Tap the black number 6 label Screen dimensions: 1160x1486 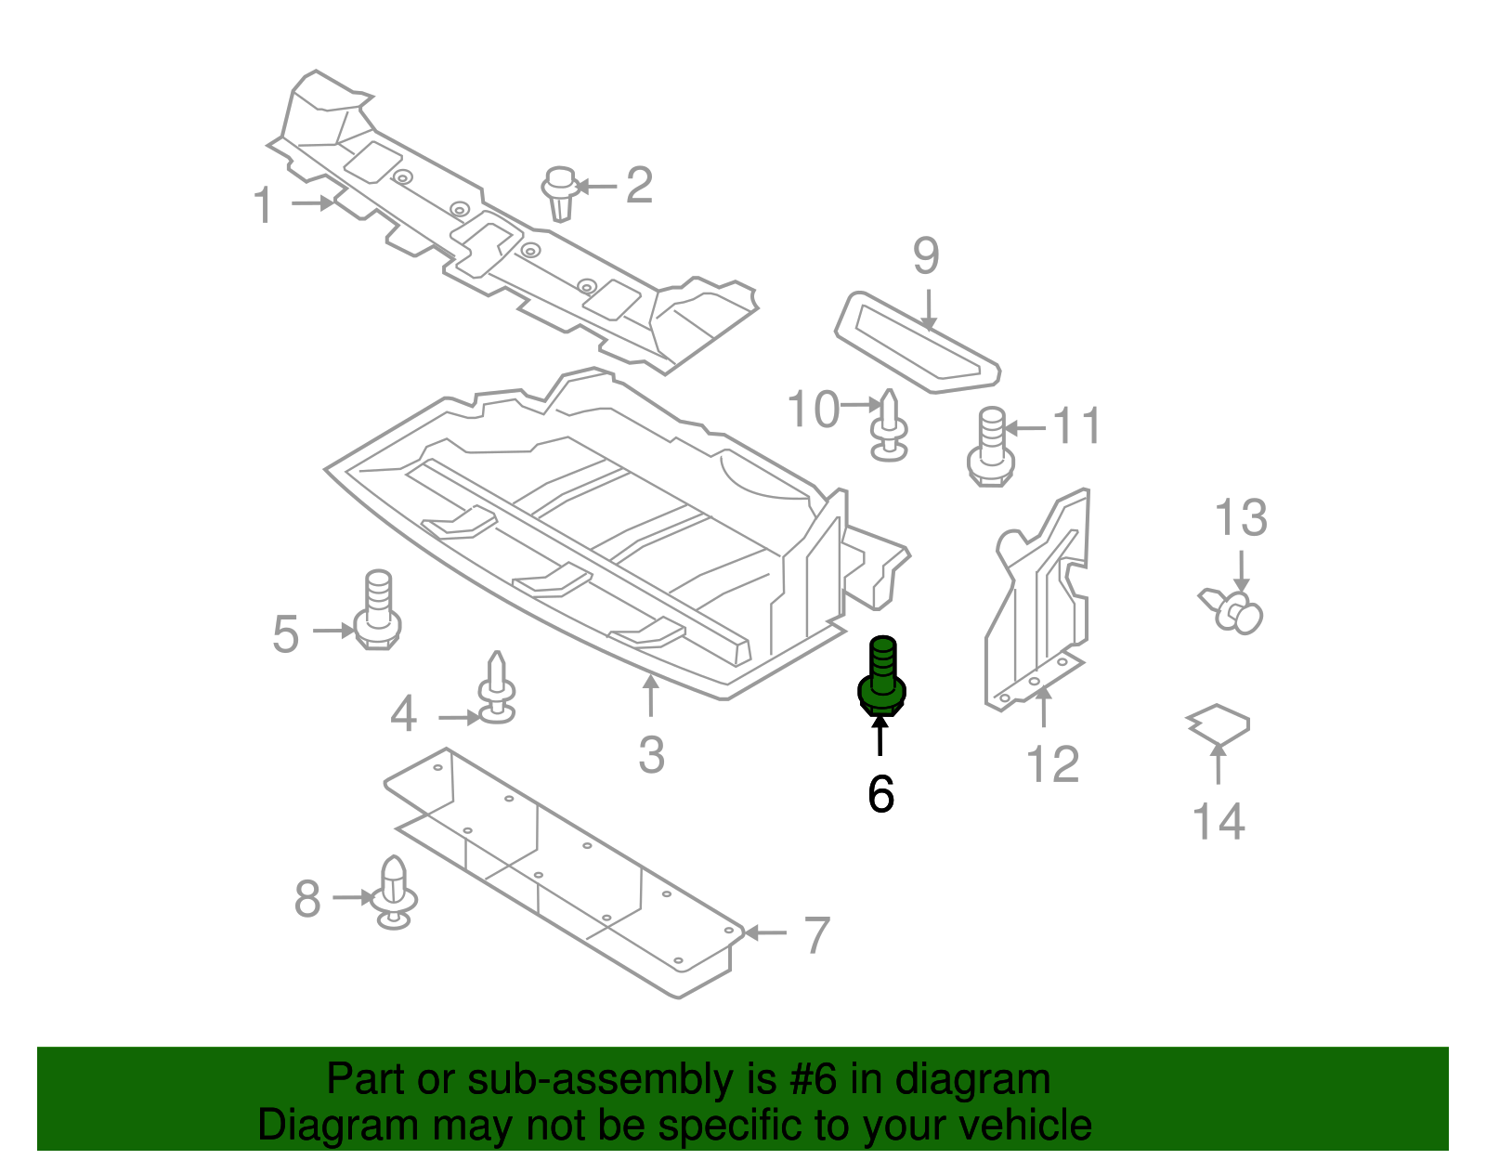[x=880, y=795]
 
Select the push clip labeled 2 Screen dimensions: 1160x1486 [x=560, y=193]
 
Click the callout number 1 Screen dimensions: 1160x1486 [x=264, y=205]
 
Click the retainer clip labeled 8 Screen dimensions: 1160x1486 [x=395, y=893]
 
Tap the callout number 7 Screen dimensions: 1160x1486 [x=815, y=935]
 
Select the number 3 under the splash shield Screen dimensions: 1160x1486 [x=651, y=755]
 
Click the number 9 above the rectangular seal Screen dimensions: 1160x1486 [x=926, y=255]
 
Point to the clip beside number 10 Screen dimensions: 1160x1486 [x=889, y=427]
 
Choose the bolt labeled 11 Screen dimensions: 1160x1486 [x=990, y=448]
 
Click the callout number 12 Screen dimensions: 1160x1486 [x=1052, y=764]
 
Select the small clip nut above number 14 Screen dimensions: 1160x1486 [x=1219, y=723]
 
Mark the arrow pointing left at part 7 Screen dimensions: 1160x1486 [x=764, y=932]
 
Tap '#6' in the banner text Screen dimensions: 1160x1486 [x=814, y=1080]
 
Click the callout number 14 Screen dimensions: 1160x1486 [x=1218, y=823]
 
